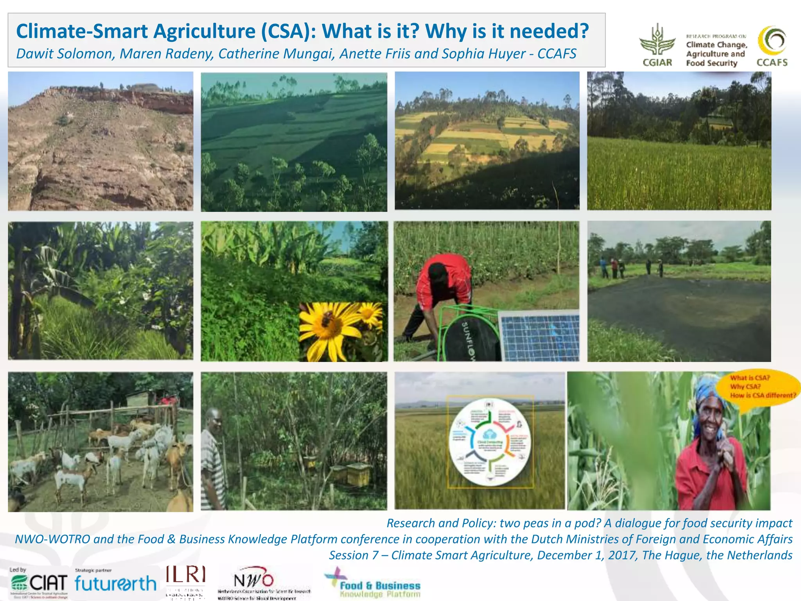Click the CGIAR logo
click(657, 45)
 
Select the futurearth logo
click(115, 583)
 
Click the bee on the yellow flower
click(328, 319)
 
